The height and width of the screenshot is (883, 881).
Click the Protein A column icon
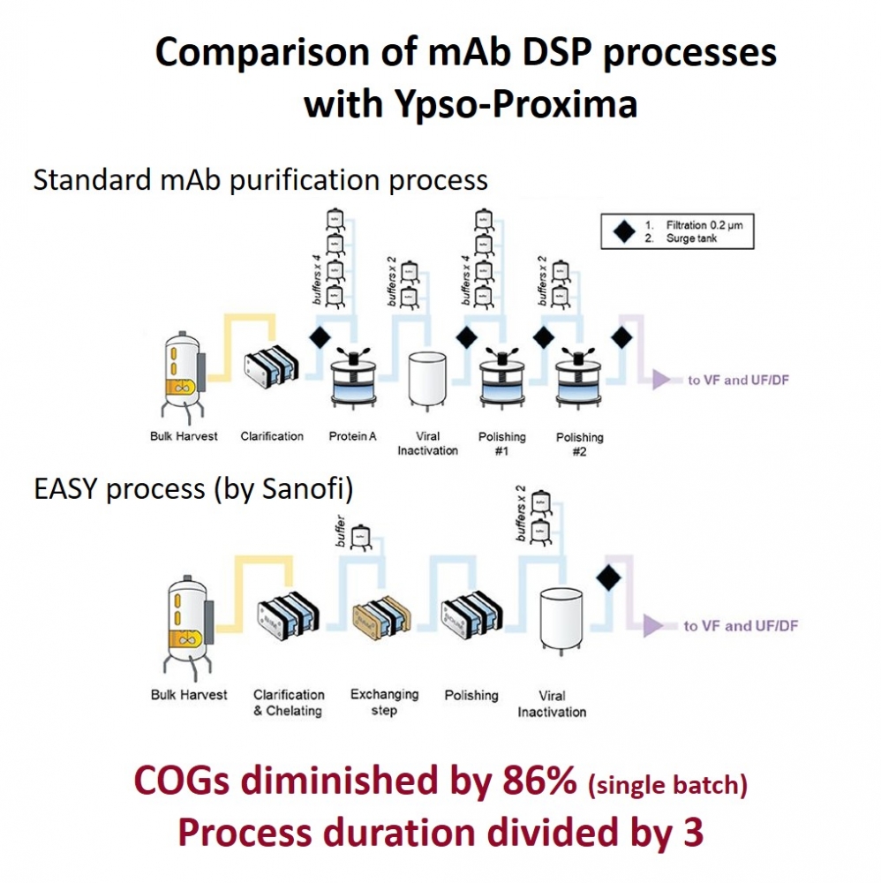point(353,380)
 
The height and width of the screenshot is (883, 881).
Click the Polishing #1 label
point(501,443)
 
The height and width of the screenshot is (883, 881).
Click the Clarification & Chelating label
point(289,702)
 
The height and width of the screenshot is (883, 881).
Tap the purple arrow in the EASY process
point(654,625)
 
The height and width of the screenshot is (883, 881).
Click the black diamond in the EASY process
point(607,577)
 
